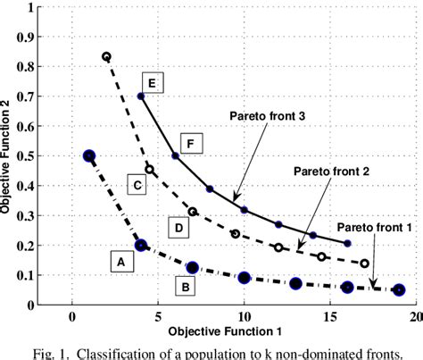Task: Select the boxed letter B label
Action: pyautogui.click(x=183, y=288)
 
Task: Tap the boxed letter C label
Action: pyautogui.click(x=137, y=185)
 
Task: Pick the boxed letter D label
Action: pyautogui.click(x=179, y=230)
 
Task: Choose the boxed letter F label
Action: pyautogui.click(x=188, y=142)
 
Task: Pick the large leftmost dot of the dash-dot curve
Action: pyautogui.click(x=89, y=155)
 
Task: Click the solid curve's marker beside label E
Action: pyautogui.click(x=141, y=96)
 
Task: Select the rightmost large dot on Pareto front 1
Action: pyautogui.click(x=399, y=289)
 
